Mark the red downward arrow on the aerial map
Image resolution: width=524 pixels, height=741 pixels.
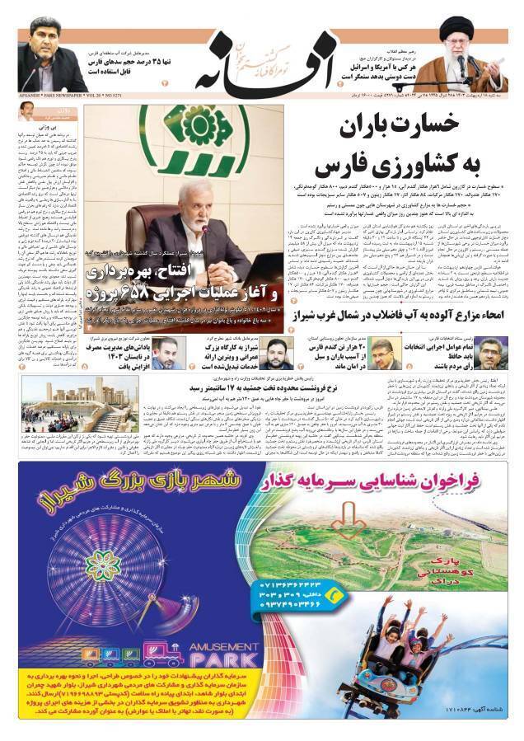pyautogui.click(x=349, y=520)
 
